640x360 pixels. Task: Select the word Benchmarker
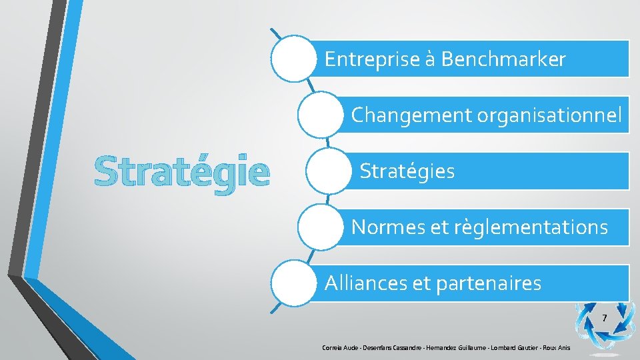503,60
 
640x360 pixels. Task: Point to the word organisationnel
549,115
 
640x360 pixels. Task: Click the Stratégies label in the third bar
407,171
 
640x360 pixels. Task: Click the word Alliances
365,283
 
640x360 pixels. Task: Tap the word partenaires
488,283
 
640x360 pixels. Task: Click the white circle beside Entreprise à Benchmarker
293,59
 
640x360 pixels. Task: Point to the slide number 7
604,318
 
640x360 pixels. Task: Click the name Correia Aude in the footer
340,348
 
